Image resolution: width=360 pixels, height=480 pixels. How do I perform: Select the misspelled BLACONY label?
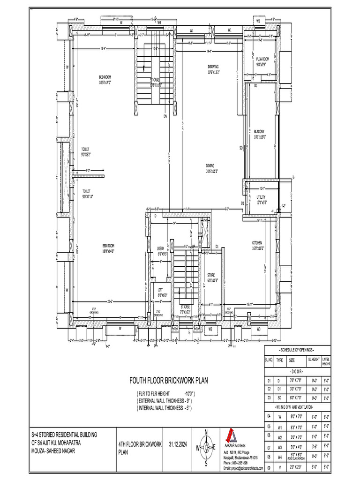click(260, 134)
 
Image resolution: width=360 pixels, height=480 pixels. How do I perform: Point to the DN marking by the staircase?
click(165, 116)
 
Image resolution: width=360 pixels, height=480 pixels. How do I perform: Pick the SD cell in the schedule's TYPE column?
click(279, 397)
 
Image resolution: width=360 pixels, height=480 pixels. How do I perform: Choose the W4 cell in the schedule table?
click(279, 456)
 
